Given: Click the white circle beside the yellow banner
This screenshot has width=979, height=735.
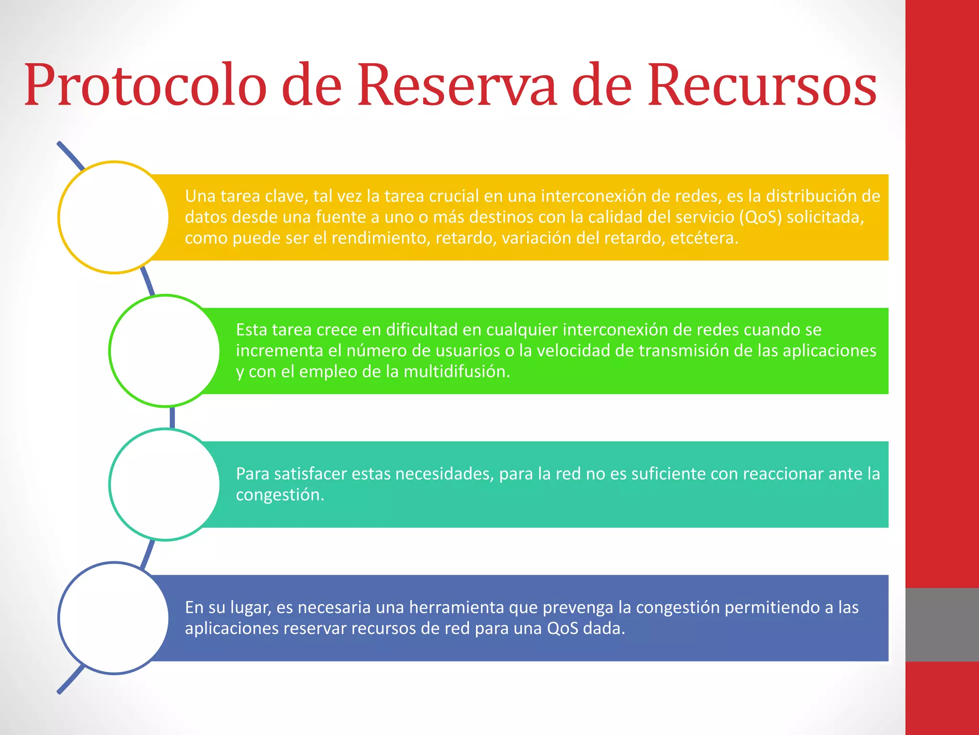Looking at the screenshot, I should coord(114,217).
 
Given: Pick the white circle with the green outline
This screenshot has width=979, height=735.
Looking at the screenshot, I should coord(164,351).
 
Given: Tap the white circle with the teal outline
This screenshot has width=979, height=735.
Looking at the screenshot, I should coord(164,484).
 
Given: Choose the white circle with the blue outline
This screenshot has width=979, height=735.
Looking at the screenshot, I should coord(114,618).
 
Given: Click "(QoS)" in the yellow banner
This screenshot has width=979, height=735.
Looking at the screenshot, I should coord(760,217).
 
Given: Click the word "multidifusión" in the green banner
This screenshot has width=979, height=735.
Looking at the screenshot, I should coord(457,372).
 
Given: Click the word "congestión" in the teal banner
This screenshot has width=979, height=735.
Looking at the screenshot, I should coord(280,495).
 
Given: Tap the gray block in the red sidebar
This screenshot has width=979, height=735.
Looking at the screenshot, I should coord(942,624).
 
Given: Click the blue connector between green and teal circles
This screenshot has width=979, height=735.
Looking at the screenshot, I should coord(172,418).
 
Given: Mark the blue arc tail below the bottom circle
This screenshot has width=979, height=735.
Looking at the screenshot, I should coord(71,680).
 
